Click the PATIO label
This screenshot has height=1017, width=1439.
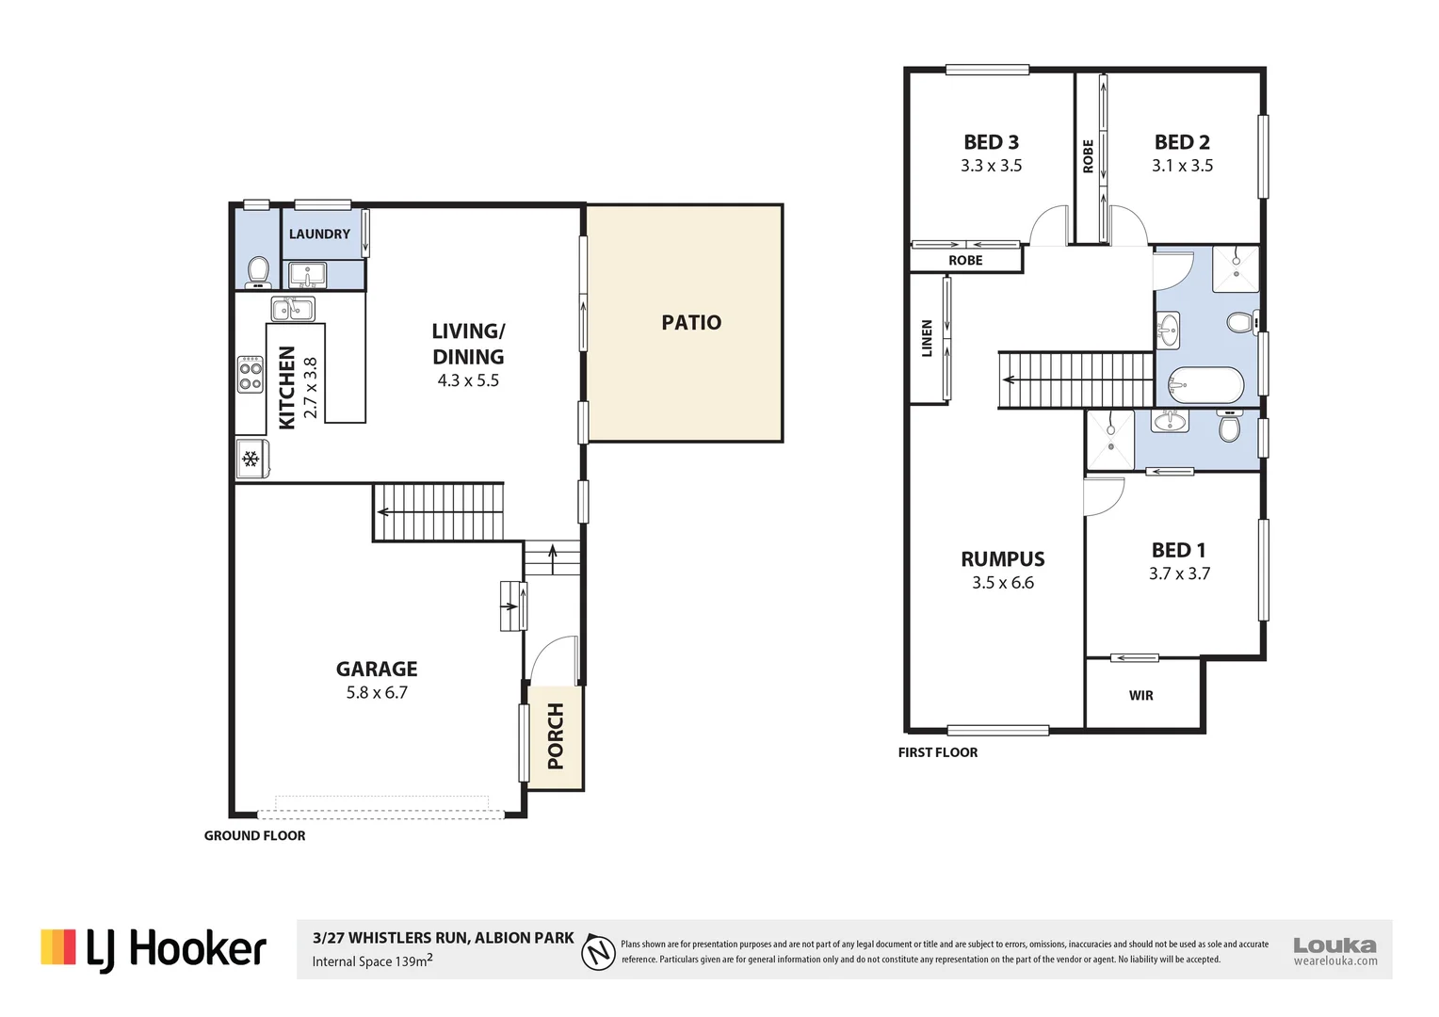691,322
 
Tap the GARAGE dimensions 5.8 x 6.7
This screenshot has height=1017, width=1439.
377,692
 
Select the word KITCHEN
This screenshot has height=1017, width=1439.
287,387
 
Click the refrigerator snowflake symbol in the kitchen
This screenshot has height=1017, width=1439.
251,460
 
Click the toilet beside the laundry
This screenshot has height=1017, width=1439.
258,272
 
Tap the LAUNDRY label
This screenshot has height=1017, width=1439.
319,234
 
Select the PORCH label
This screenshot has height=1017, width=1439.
556,736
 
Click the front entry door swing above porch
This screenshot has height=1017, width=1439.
554,660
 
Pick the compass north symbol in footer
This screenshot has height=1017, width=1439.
598,951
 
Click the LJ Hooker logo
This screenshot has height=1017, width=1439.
154,948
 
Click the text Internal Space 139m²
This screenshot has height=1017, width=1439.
372,960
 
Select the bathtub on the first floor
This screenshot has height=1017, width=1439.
1205,385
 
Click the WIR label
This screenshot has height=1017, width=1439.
1140,695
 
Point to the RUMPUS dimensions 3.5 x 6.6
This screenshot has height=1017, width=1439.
1002,583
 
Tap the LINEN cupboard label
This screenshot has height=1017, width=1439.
927,338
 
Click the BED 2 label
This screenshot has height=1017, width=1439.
1182,142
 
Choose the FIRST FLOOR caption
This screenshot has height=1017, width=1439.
937,752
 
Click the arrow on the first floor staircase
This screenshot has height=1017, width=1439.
1010,380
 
